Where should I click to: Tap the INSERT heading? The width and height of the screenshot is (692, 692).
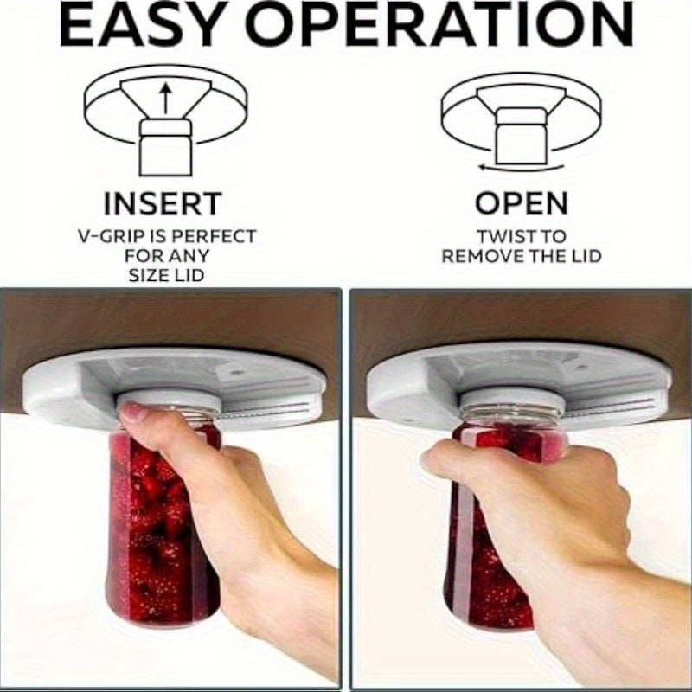(x=163, y=203)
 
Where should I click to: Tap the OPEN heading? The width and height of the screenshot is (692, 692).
(x=522, y=203)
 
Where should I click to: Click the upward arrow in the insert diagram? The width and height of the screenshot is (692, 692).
(x=165, y=99)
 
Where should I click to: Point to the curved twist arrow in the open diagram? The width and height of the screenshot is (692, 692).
(x=522, y=168)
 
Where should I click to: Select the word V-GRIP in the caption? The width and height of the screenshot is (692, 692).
(x=111, y=236)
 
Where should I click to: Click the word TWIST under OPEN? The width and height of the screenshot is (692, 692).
(x=501, y=236)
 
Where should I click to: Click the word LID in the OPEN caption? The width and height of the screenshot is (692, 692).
(x=587, y=256)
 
